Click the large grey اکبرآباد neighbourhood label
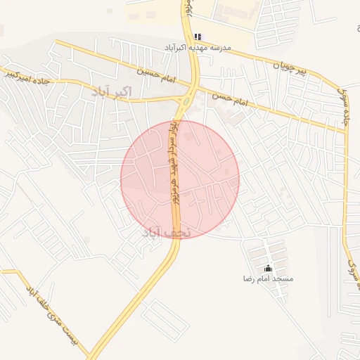[x=112, y=91]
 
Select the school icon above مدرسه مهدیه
[x=198, y=37]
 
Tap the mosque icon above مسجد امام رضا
[x=268, y=268]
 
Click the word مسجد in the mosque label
[x=283, y=279]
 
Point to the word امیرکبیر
[x=16, y=75]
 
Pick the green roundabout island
[x=186, y=100]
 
